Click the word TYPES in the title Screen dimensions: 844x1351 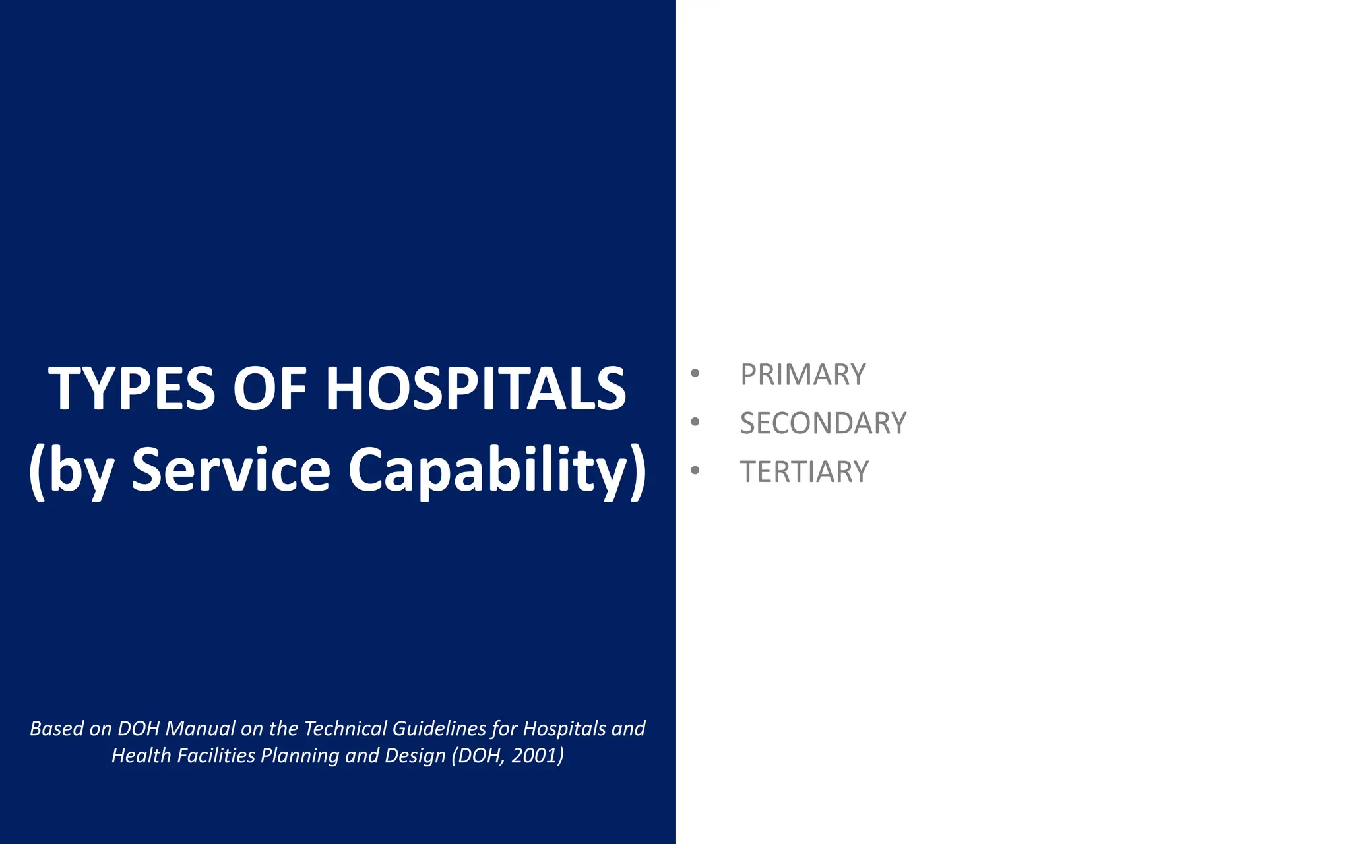(131, 389)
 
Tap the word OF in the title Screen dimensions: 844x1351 (270, 389)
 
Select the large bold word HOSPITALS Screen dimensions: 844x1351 (476, 389)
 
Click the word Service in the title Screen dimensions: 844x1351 (231, 469)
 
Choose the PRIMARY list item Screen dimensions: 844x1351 (803, 375)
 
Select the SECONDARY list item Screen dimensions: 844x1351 (823, 423)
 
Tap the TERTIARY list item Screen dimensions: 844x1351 (804, 472)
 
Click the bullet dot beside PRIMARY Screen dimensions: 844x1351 (695, 373)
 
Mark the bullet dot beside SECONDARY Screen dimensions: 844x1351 (695, 422)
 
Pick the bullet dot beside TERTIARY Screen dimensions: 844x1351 (695, 471)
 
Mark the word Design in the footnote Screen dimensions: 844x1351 (415, 756)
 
